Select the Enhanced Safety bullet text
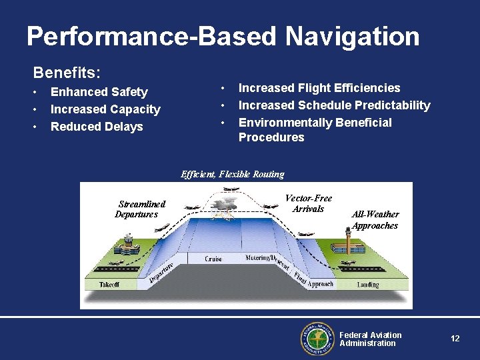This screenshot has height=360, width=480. click(x=99, y=92)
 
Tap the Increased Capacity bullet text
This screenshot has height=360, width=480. click(x=105, y=109)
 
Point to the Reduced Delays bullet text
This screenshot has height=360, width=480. click(x=97, y=127)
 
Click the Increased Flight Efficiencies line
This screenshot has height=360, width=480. click(x=319, y=88)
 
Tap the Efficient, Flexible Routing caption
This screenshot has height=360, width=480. click(x=232, y=175)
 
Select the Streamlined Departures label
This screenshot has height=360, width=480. click(x=140, y=209)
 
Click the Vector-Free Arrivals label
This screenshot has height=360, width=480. click(x=308, y=203)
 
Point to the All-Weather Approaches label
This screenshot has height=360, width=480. click(x=375, y=219)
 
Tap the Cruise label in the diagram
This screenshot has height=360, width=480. click(x=213, y=259)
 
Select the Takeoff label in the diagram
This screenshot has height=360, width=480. click(x=109, y=284)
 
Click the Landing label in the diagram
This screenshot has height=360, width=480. click(x=367, y=285)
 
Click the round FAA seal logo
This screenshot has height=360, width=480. click(x=316, y=339)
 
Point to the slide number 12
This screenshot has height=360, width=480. click(x=455, y=339)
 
